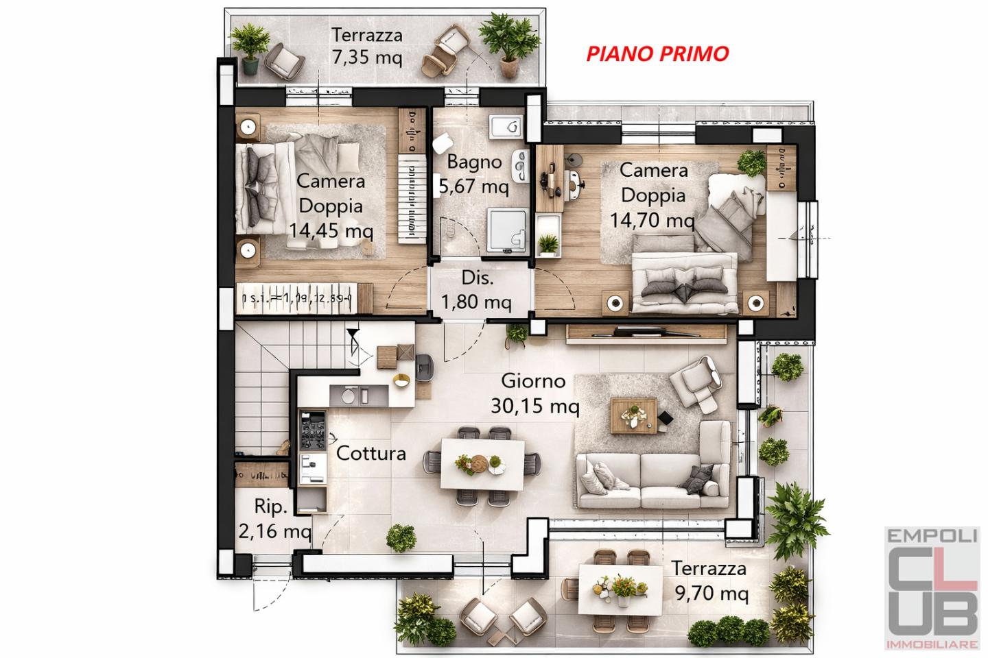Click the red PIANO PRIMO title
pos(657,53)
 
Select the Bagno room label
pos(474,162)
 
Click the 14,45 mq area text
pos(331,230)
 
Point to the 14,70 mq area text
pos(652,220)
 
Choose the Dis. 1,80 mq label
pos(478,291)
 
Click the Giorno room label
pos(533,380)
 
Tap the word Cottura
pos(370,453)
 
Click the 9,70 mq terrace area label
pos(709,594)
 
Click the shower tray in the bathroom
pos(508,230)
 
